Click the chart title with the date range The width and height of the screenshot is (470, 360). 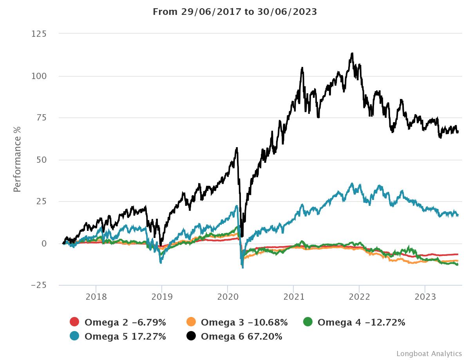pos(235,12)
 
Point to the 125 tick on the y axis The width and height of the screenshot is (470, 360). pos(39,34)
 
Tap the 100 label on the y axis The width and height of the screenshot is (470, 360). pos(39,76)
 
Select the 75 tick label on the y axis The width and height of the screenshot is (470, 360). pos(41,118)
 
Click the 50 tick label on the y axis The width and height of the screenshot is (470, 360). pos(41,160)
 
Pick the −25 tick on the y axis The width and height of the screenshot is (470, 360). pos(39,285)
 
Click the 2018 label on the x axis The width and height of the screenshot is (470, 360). pos(96,297)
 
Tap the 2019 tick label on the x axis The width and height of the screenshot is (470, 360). pos(162,297)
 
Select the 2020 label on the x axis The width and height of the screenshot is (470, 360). pos(228,297)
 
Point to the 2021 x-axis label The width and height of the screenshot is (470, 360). pos(293,297)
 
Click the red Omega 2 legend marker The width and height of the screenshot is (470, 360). pos(74,322)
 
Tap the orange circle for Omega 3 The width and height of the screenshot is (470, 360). pos(191,322)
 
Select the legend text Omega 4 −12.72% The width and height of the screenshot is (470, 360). pos(361,322)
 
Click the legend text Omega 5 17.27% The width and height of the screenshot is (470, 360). pos(125,336)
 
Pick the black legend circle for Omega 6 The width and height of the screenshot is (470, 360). pos(191,336)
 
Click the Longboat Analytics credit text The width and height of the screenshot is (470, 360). pos(429,353)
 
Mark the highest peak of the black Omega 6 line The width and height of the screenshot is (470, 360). pos(352,53)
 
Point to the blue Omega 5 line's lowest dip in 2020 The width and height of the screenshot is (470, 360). pos(243,268)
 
